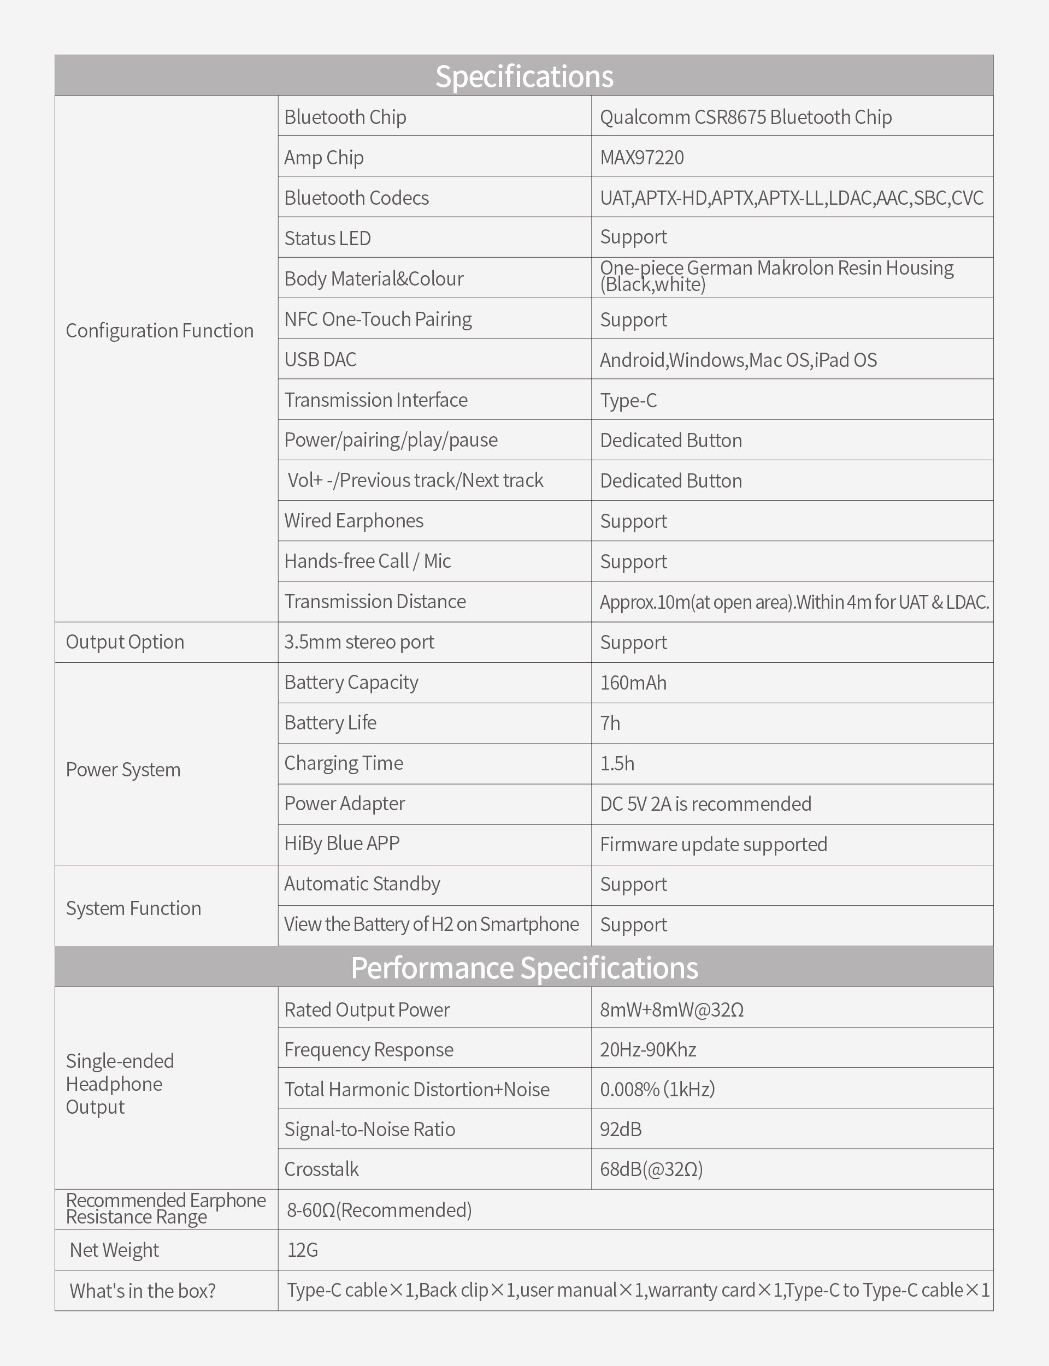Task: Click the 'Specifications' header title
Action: (524, 76)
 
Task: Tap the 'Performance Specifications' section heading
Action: (524, 968)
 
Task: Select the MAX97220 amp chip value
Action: (642, 157)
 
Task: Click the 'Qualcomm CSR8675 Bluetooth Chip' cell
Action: (746, 117)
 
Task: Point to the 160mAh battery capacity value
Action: (633, 682)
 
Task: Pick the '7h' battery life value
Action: (610, 723)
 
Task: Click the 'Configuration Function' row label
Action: (160, 331)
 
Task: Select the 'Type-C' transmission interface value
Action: (628, 400)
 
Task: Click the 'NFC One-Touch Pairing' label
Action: (378, 319)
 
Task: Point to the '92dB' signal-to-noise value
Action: (621, 1130)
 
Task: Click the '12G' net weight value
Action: (302, 1250)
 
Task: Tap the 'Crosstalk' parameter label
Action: (322, 1169)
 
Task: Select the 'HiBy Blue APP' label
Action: (341, 844)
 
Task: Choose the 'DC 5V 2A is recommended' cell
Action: (705, 804)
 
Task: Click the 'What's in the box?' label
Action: (143, 1291)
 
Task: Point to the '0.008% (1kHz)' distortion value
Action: (657, 1090)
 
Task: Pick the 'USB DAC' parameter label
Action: (320, 359)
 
